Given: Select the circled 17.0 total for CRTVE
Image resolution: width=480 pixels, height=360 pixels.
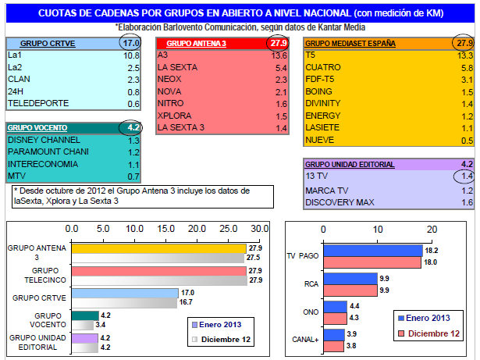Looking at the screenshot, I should (x=130, y=44).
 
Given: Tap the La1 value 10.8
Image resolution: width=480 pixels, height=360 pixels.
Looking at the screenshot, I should (x=130, y=56).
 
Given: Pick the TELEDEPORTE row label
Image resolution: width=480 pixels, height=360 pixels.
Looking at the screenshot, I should (x=37, y=103).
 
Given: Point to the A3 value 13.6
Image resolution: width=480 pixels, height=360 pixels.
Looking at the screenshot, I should (x=277, y=55).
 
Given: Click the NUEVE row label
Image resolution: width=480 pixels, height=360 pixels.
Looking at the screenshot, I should (x=320, y=140).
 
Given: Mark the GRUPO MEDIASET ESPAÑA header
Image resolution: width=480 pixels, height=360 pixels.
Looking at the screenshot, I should (x=350, y=44).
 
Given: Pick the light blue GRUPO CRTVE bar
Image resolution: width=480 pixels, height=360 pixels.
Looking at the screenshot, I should (x=125, y=294).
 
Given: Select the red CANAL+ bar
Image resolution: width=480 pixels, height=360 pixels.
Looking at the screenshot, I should (x=335, y=344).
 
